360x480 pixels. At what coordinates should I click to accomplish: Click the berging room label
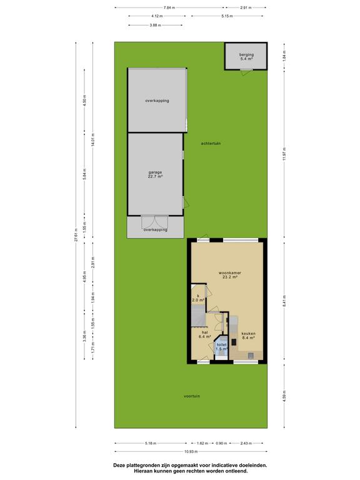[x=246, y=57]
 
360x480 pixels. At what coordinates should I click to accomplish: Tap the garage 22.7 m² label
[x=155, y=174]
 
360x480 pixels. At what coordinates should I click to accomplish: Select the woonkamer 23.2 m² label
[x=229, y=274]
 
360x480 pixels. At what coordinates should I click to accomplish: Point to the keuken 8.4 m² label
[x=248, y=336]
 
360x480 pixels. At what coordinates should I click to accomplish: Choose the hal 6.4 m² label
[x=205, y=334]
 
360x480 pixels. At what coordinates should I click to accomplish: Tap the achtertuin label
[x=211, y=143]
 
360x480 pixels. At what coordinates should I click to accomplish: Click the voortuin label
[x=192, y=396]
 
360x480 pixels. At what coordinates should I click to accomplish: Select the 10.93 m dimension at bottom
[x=191, y=451]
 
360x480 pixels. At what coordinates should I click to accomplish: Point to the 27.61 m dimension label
[x=76, y=235]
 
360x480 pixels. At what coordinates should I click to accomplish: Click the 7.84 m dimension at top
[x=169, y=7]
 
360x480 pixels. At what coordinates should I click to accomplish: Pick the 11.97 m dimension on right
[x=284, y=154]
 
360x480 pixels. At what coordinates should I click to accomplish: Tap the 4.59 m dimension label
[x=284, y=396]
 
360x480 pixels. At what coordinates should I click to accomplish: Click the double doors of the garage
[x=155, y=222]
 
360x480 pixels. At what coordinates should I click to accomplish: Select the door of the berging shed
[x=246, y=72]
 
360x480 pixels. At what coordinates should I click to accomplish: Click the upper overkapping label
[x=157, y=101]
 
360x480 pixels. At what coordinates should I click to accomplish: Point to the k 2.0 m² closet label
[x=198, y=298]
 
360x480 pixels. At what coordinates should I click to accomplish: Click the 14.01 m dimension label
[x=93, y=139]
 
